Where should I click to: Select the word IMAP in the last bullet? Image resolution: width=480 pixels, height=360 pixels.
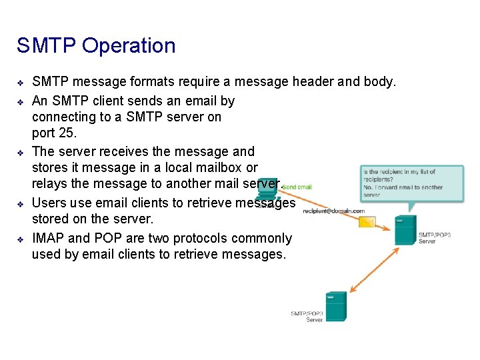49,238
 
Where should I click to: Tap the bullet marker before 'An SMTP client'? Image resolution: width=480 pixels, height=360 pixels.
21,102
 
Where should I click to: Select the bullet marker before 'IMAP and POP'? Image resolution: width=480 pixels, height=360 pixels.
21,239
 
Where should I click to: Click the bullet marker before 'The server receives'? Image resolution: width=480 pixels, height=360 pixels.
21,152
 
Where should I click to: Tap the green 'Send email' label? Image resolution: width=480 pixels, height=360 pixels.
297,187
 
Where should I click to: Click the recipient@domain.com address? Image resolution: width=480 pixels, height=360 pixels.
334,211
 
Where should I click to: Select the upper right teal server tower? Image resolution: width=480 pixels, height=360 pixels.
405,229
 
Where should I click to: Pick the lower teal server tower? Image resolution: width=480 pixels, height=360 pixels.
335,306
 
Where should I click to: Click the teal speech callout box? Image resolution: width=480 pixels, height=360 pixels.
411,181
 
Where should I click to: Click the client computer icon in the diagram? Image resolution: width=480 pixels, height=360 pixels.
267,189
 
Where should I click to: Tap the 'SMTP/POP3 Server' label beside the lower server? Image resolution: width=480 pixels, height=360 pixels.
307,317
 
